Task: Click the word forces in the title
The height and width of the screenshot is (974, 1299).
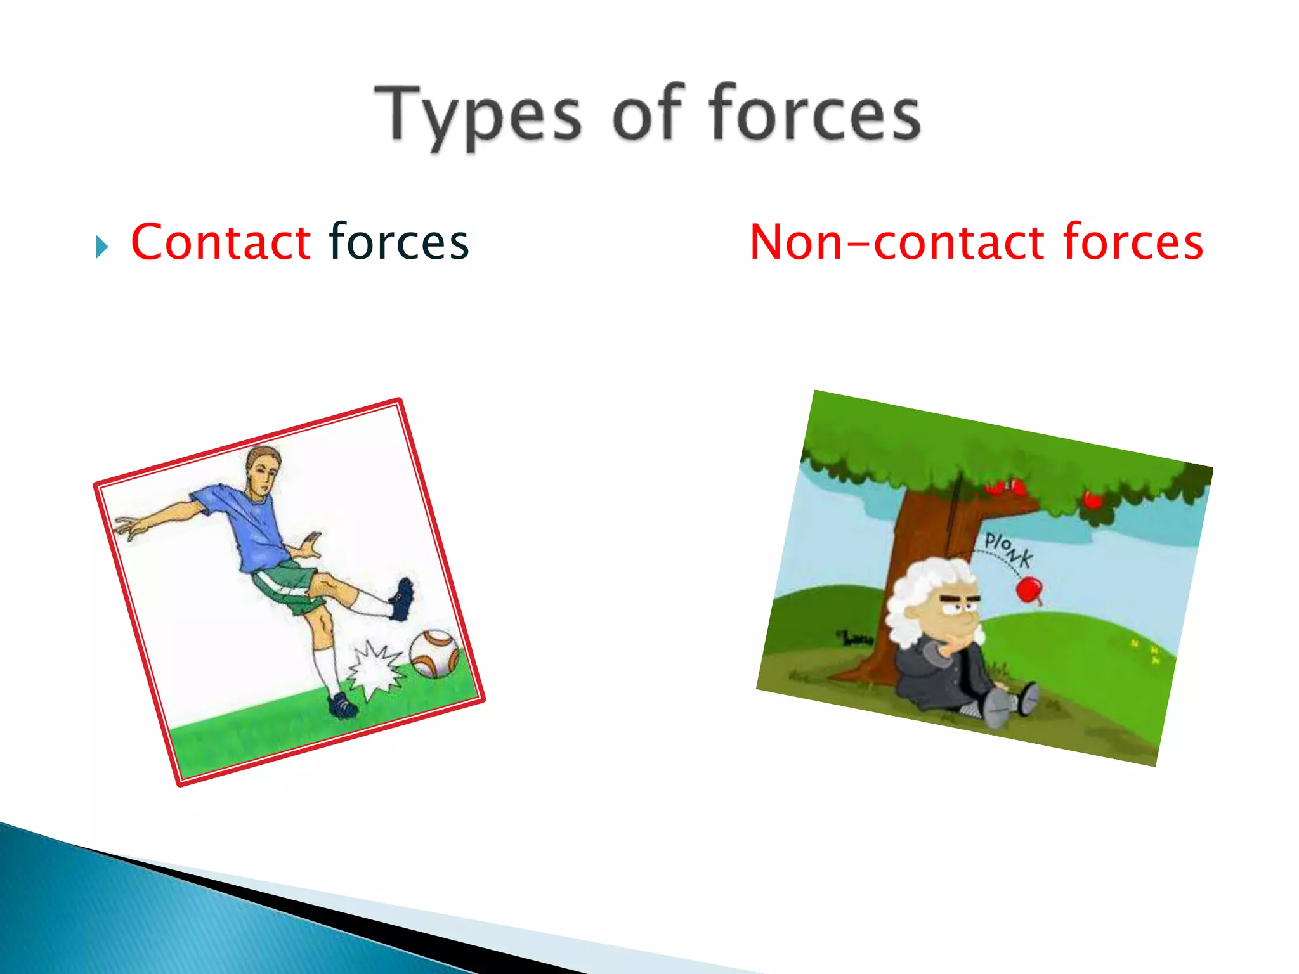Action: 814,114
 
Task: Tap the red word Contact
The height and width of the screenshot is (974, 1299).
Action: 221,242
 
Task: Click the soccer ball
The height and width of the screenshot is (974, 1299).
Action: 435,653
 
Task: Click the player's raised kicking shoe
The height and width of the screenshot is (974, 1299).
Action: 402,599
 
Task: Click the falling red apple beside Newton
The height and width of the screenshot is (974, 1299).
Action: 1029,590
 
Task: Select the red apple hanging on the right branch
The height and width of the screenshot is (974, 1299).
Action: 1092,500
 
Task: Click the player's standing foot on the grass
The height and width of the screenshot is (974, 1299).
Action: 343,705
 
